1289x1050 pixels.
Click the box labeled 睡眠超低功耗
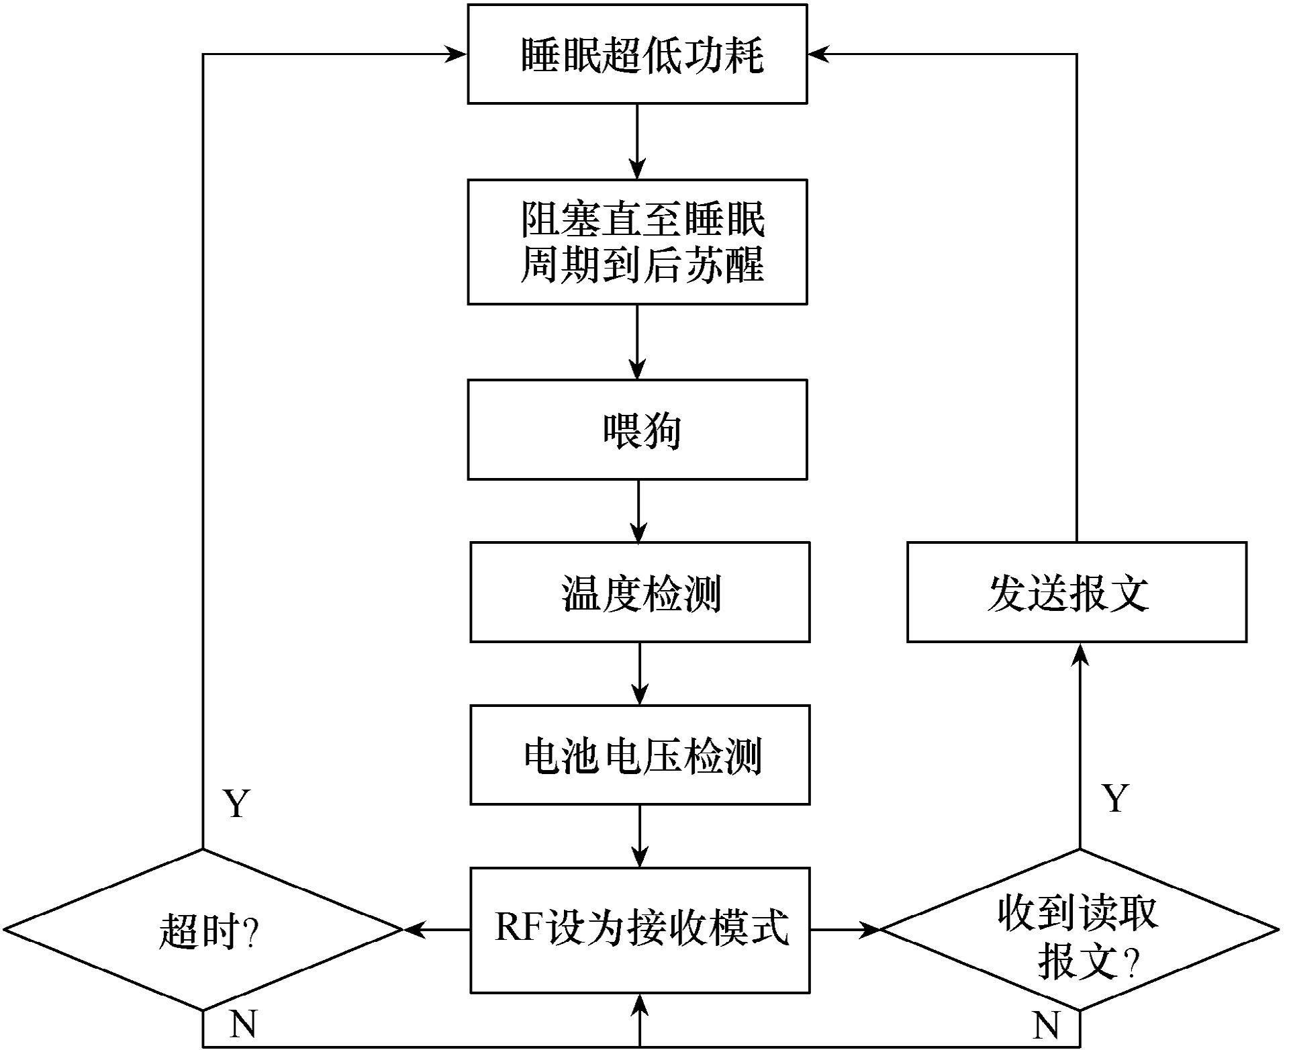coord(637,54)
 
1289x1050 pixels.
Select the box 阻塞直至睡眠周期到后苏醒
coord(637,242)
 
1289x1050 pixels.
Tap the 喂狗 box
coord(637,430)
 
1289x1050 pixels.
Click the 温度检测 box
coord(640,592)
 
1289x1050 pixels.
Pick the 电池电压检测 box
coord(640,755)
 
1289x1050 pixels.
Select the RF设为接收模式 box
coord(640,930)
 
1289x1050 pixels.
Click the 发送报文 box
coord(1077,592)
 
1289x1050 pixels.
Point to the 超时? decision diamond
coord(202,930)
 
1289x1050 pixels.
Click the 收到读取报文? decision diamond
coord(1080,930)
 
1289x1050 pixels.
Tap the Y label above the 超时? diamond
coord(236,803)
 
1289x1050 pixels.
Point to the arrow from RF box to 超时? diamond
coord(436,930)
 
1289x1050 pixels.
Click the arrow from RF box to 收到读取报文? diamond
coord(845,930)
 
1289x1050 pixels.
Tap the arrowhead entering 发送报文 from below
coord(1080,654)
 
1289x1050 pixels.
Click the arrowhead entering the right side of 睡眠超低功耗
coord(819,54)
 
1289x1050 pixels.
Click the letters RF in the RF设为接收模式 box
coord(520,928)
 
